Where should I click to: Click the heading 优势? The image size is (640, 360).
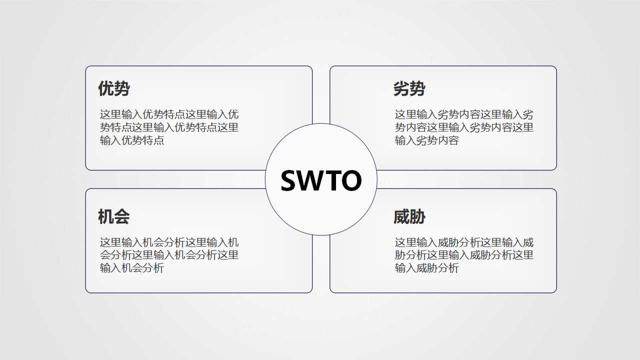pyautogui.click(x=114, y=89)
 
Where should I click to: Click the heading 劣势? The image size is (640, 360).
pyautogui.click(x=409, y=89)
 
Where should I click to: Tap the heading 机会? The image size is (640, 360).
pyautogui.click(x=114, y=217)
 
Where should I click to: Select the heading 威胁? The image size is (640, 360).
pyautogui.click(x=409, y=217)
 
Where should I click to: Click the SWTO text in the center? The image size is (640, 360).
pyautogui.click(x=321, y=180)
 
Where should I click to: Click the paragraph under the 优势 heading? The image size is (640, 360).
pyautogui.click(x=169, y=127)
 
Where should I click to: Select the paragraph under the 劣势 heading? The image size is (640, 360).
pyautogui.click(x=464, y=127)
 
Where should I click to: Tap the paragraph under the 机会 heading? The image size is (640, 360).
pyautogui.click(x=169, y=255)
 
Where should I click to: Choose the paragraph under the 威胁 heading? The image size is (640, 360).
pyautogui.click(x=464, y=255)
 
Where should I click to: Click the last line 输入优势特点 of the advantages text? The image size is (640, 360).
pyautogui.click(x=132, y=140)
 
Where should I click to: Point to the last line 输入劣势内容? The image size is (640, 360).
pyautogui.click(x=427, y=140)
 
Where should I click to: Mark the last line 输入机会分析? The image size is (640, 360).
pyautogui.click(x=132, y=268)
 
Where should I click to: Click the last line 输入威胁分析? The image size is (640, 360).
pyautogui.click(x=427, y=268)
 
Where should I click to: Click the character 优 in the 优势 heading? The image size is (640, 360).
pyautogui.click(x=106, y=89)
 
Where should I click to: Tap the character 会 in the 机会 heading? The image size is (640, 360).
pyautogui.click(x=122, y=217)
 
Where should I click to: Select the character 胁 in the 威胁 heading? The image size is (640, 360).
pyautogui.click(x=417, y=217)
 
